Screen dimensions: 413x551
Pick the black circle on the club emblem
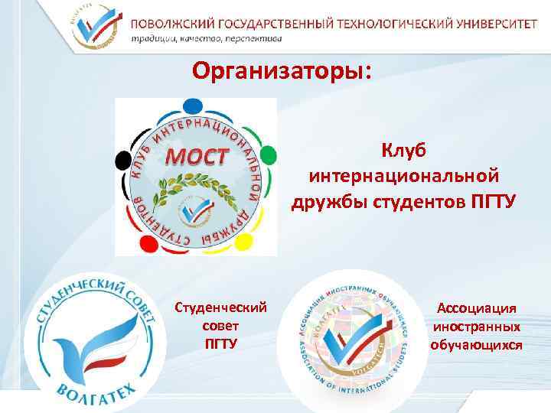123,161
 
